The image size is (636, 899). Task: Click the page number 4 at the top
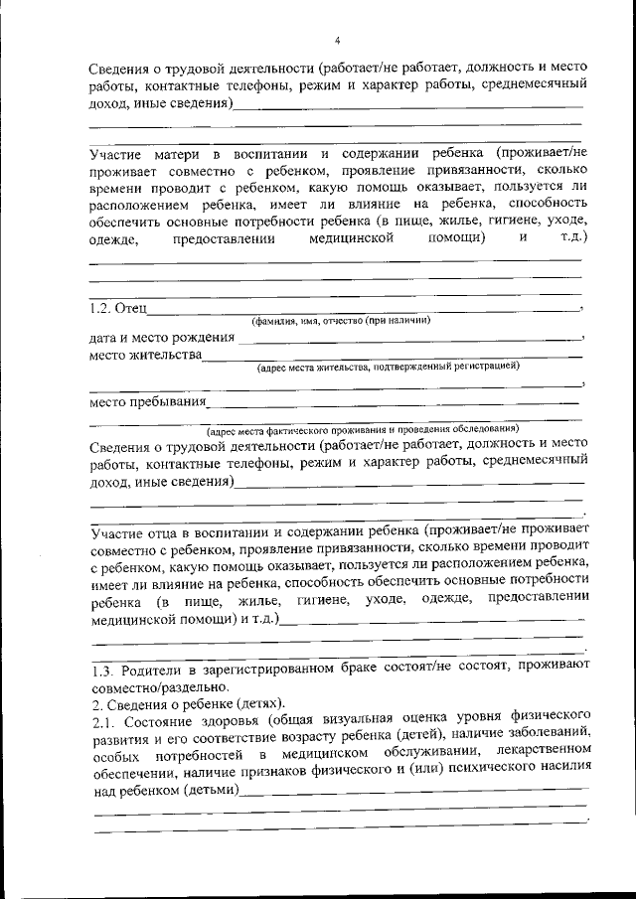pos(338,41)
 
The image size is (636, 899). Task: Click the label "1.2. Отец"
pos(117,309)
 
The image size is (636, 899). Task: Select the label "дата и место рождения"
pos(161,338)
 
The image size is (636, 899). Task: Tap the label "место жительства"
pos(145,355)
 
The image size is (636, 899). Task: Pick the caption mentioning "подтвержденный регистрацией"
pos(388,367)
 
